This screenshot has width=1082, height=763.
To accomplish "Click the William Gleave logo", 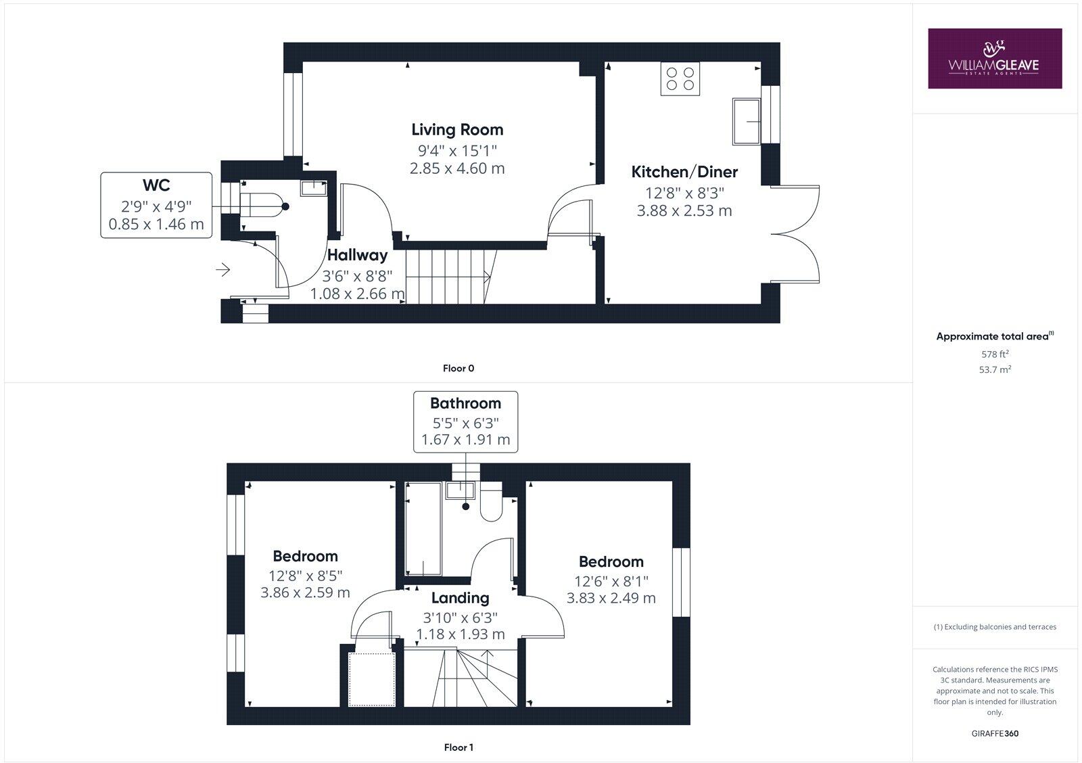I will click(x=994, y=58).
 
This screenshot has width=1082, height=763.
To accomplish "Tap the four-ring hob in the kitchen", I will click(x=680, y=78).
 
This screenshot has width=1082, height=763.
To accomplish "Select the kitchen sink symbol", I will click(x=747, y=121).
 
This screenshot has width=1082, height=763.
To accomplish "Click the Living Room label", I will click(x=457, y=129).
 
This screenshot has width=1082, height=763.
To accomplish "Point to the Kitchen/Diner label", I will click(x=684, y=172).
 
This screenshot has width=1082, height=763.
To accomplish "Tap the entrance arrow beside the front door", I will click(x=222, y=271).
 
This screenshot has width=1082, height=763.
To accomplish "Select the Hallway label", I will click(x=357, y=255).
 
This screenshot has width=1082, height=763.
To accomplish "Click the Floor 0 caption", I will click(x=458, y=369).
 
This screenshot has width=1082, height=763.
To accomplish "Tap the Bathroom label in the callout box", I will click(x=465, y=403).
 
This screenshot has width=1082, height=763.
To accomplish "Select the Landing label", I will click(x=460, y=598).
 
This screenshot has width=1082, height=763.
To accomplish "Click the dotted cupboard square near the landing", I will click(x=371, y=679).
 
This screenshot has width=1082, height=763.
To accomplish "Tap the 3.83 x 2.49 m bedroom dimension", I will click(x=611, y=598).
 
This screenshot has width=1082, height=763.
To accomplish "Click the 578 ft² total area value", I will click(x=994, y=354).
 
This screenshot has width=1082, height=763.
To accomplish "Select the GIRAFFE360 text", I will click(x=994, y=733).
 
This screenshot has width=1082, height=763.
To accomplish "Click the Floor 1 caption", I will click(x=458, y=747).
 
